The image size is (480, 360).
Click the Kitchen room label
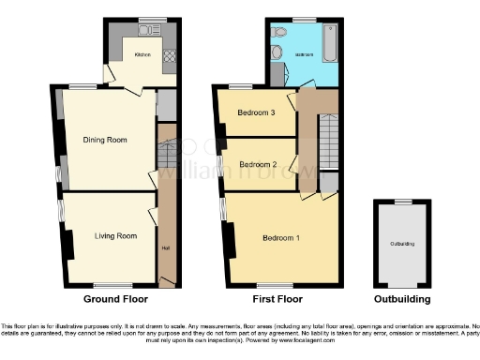[142, 54]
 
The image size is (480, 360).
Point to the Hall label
[165, 248]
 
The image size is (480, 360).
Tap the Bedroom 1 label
[283, 237]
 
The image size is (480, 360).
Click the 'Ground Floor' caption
[113, 300]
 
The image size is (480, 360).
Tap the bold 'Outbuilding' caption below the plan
[401, 300]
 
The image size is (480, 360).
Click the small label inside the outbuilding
[401, 244]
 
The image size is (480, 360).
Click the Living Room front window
[112, 285]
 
